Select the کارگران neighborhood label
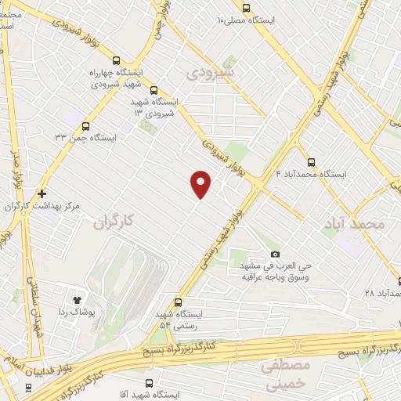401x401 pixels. pos(115,223)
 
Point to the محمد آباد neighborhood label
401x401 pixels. pos(354,224)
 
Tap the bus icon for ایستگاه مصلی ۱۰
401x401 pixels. pos(247,8)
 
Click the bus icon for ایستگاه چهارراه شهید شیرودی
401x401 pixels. pos(117,60)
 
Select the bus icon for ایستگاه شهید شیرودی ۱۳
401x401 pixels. pos(154,90)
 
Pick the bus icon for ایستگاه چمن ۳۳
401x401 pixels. pos(85,125)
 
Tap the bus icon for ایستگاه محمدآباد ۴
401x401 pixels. pos(311,163)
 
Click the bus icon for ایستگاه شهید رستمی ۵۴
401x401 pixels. pos(179,302)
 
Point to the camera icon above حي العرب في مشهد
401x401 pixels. pos(275,254)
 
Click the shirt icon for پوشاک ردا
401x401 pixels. pos(77,299)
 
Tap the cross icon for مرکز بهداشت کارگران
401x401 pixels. pos(41,193)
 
